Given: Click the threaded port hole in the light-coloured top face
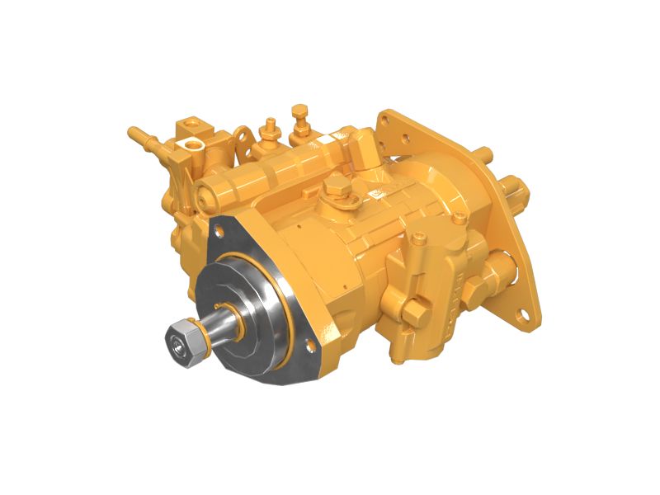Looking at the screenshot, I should tap(191, 144).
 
